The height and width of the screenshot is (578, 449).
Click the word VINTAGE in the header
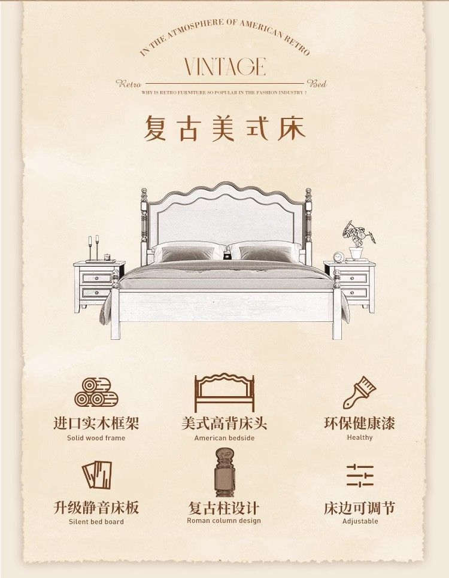pos(224,66)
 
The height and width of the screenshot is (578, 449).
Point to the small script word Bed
pos(317,84)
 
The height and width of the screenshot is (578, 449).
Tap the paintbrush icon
pos(359,393)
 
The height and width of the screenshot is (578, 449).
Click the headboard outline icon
pos(224,393)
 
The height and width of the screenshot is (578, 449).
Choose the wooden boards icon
pos(96,475)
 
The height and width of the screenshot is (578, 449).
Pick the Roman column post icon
pos(224,473)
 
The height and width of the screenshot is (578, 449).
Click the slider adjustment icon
pos(360,475)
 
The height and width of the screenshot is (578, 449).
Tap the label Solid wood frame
pos(96,438)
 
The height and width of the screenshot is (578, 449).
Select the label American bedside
pos(224,438)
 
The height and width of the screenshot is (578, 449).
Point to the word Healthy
pos(360,437)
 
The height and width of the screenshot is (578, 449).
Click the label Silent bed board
pos(96,522)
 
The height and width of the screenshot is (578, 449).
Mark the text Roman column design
pos(224,521)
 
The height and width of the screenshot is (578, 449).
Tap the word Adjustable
pos(360,521)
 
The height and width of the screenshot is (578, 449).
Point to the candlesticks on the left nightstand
pos(93,247)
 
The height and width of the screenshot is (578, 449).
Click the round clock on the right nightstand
pos(338,256)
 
